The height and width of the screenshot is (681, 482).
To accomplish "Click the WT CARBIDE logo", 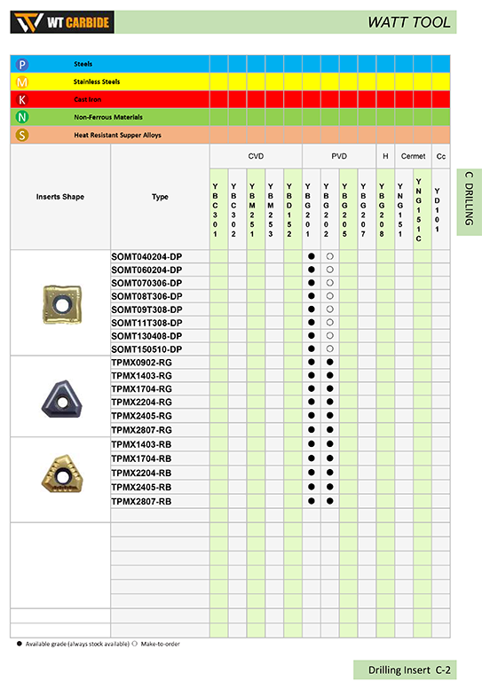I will point(63,21).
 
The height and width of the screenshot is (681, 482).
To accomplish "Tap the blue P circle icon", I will point(22,64).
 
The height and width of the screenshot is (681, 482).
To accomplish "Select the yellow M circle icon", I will point(22,82).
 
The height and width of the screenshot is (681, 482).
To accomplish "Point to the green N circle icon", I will point(22,117).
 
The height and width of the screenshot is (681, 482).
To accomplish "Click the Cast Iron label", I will point(87,99).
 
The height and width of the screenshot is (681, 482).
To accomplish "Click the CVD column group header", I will point(256,155).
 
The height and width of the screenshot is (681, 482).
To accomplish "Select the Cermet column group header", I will point(413,155).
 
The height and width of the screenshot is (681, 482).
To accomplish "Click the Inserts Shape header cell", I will point(60,197).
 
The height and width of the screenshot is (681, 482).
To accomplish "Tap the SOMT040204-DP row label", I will point(146,256).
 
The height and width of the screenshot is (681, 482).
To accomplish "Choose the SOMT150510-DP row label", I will point(146,349).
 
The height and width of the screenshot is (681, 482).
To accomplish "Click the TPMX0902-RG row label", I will point(141,363).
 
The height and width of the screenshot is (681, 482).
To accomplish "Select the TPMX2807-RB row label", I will point(141,501).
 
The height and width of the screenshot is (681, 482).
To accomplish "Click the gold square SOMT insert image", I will point(59,303).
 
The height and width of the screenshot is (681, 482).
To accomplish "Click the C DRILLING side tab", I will point(469,202).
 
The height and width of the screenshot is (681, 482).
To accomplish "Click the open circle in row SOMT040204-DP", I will point(329,256).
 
